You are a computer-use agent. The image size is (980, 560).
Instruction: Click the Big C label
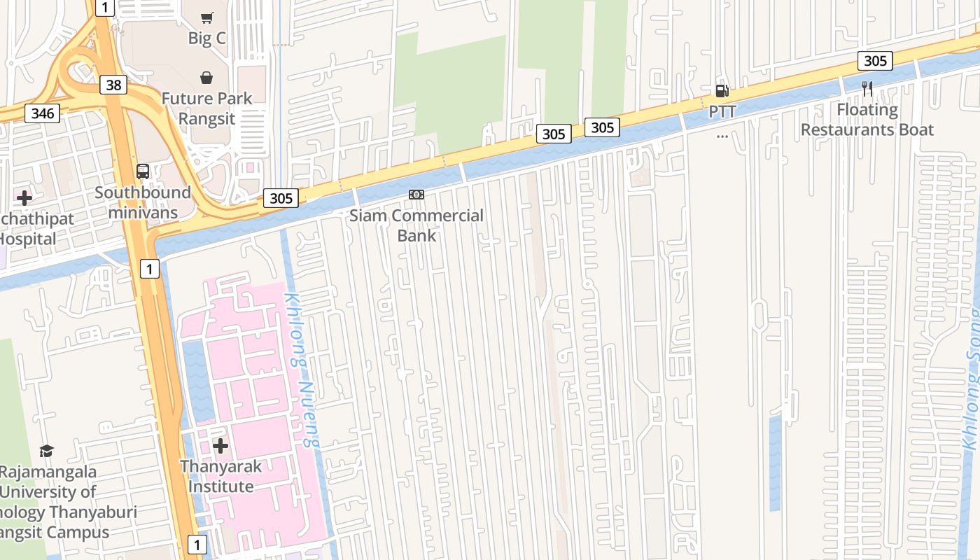(206, 38)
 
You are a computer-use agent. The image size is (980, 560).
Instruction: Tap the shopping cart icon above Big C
(206, 17)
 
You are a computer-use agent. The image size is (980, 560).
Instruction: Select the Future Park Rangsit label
(206, 108)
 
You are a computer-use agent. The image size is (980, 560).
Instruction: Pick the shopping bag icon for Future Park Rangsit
(206, 78)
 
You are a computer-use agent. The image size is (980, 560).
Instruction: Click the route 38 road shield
(113, 85)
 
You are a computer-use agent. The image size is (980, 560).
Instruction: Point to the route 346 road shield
(42, 112)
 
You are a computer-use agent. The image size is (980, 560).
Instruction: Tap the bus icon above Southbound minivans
(143, 171)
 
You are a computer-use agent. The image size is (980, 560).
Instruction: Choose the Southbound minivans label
(143, 202)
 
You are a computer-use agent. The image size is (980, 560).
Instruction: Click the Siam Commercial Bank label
(416, 225)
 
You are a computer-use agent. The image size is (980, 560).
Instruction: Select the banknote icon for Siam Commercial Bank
(416, 195)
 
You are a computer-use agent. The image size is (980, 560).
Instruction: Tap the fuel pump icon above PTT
(722, 91)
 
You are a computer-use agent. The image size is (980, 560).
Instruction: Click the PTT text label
(722, 111)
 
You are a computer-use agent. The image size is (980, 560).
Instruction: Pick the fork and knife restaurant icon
(867, 88)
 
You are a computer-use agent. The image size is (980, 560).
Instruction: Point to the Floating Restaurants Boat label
(867, 120)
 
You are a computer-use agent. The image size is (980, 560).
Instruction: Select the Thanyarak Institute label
(220, 476)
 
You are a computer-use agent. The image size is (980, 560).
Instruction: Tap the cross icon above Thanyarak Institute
(220, 446)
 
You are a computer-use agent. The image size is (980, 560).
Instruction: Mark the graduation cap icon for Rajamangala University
(46, 451)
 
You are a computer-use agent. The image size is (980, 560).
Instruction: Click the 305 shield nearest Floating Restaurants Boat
(875, 61)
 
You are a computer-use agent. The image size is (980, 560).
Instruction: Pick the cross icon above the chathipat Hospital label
(24, 198)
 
